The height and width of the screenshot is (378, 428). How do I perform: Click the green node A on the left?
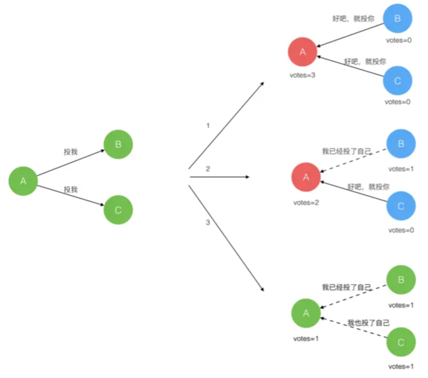coord(23,182)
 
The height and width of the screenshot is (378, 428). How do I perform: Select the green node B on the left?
coord(118,145)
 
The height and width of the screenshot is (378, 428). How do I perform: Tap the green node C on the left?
coord(118,211)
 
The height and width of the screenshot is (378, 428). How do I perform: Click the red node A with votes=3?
coord(302,53)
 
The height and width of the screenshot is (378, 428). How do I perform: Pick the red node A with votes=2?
coord(306,177)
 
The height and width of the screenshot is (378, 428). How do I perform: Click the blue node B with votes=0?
coord(397,19)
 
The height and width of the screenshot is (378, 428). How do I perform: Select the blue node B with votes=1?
coord(401,144)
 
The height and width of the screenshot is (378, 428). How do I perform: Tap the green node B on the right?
coord(401,280)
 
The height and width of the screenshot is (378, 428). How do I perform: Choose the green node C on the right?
coord(401,342)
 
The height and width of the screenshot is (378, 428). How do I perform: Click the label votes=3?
coord(302,76)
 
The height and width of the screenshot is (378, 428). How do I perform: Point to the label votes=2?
coord(306,202)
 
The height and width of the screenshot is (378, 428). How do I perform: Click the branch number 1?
coord(208,126)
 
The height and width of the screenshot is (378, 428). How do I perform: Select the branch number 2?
coord(208,169)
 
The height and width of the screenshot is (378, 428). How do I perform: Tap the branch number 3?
coord(208,223)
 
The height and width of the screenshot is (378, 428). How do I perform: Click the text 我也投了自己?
coord(368,322)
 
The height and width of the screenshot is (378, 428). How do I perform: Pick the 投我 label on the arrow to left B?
coord(71,152)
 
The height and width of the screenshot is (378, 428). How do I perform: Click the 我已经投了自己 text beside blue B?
coord(346,151)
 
